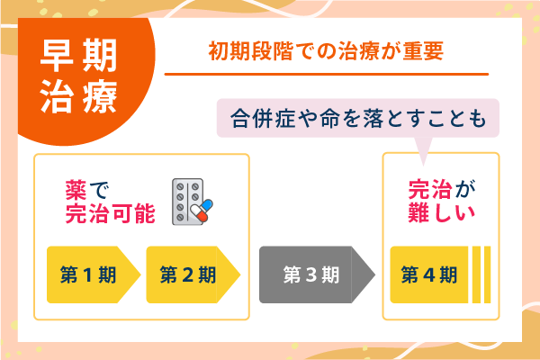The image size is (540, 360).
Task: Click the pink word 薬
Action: pyautogui.click(x=76, y=190)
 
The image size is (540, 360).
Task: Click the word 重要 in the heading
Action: pyautogui.click(x=426, y=51)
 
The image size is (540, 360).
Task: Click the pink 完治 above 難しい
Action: pyautogui.click(x=430, y=190)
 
